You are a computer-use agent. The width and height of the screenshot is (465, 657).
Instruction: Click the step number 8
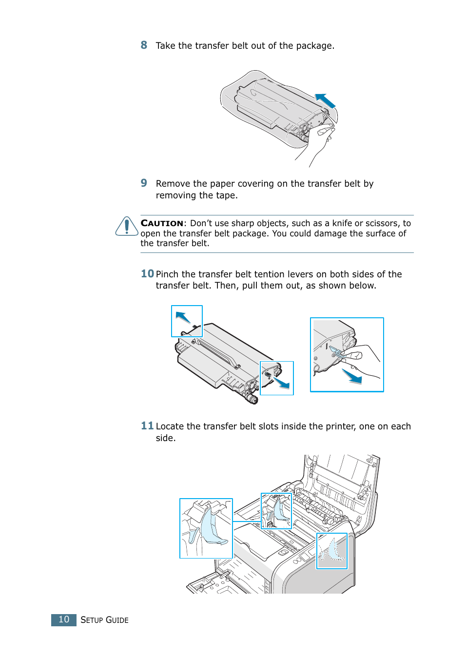click(144, 45)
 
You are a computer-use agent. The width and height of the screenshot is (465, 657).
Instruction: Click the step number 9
click(144, 183)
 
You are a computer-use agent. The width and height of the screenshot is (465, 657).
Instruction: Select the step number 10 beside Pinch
click(147, 274)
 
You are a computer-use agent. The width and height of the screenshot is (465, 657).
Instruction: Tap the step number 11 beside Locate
click(147, 426)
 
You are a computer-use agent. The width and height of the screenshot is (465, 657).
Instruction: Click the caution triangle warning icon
click(127, 227)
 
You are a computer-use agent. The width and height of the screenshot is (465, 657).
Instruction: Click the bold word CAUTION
click(162, 223)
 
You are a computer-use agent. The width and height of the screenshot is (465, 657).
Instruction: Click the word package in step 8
click(314, 46)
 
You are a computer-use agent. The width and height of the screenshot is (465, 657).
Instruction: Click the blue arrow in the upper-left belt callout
click(183, 317)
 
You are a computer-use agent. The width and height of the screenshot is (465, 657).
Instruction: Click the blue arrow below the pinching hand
click(352, 376)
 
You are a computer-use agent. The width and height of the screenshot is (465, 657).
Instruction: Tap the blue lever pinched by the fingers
click(336, 351)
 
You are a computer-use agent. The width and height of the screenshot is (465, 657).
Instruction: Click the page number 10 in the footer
click(64, 619)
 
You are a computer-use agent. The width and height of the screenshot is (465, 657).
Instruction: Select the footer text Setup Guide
click(104, 620)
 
